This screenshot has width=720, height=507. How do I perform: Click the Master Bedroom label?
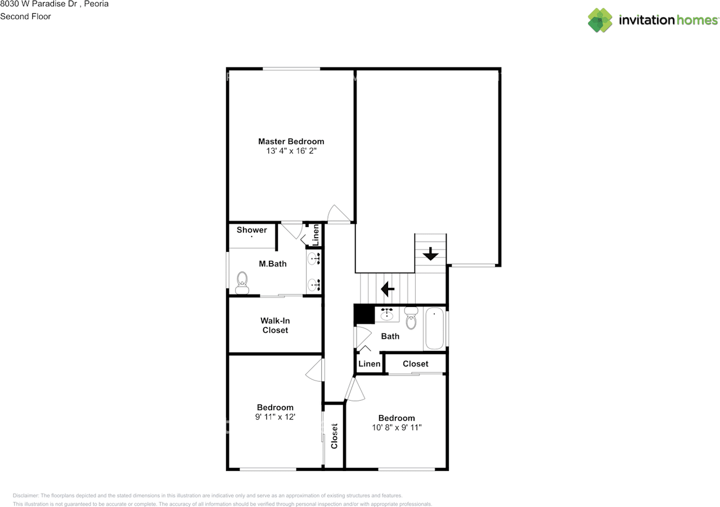291,141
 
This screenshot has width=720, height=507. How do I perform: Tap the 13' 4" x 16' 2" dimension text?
291,151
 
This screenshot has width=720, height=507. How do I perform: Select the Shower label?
251,230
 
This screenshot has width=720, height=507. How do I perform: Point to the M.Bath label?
272,264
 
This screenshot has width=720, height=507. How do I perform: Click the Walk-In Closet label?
275,325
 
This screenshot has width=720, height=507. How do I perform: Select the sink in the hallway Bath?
386,314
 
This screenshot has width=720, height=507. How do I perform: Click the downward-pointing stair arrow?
431,254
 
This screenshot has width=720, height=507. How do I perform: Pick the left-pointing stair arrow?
388,289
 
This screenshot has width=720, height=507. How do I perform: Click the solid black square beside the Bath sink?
364,314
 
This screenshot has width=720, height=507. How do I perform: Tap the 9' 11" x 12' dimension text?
275,417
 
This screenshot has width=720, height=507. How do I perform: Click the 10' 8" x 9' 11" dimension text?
397,427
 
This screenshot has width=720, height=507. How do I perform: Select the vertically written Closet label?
334,436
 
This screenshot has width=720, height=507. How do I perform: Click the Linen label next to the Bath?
369,364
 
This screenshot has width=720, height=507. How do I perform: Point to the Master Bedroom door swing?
339,214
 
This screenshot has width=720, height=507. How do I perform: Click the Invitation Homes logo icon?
600,20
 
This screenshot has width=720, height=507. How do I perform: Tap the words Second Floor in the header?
25,16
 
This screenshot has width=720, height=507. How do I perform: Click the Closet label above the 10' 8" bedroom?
415,364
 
